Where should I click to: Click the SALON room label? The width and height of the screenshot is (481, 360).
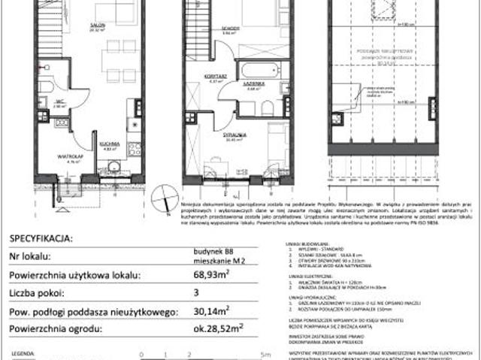tap(96, 23)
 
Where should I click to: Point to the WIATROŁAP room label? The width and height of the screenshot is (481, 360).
tap(73, 155)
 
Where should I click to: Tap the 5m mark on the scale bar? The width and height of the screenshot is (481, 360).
tap(260, 352)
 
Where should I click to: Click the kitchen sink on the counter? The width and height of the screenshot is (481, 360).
tap(136, 107)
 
